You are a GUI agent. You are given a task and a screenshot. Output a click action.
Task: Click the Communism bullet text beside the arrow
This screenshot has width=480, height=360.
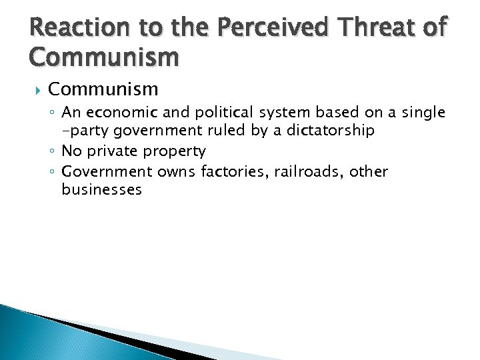click(103, 89)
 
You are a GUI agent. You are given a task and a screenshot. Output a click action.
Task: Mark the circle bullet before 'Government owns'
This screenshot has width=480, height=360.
click(54, 172)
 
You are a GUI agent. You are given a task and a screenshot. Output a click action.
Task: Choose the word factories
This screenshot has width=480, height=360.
click(233, 171)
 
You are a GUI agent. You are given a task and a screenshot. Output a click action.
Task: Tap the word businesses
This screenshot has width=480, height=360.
click(101, 190)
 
